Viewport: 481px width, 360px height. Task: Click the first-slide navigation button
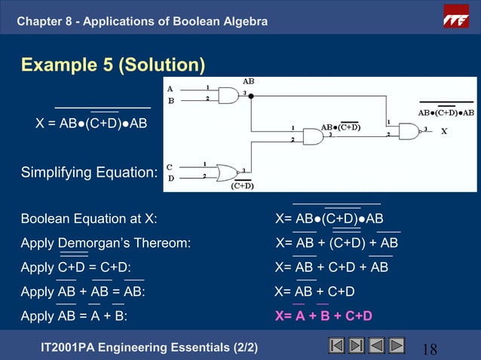pos(337,346)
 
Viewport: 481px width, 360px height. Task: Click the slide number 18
pos(430,349)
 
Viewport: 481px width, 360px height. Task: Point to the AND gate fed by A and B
pos(226,95)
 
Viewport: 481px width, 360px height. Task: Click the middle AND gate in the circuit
pos(311,136)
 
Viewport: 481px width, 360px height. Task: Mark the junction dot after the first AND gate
pos(250,96)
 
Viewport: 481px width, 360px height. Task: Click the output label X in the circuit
pos(444,130)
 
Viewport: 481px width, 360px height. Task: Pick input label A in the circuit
pos(170,88)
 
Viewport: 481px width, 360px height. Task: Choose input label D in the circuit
pos(170,178)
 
